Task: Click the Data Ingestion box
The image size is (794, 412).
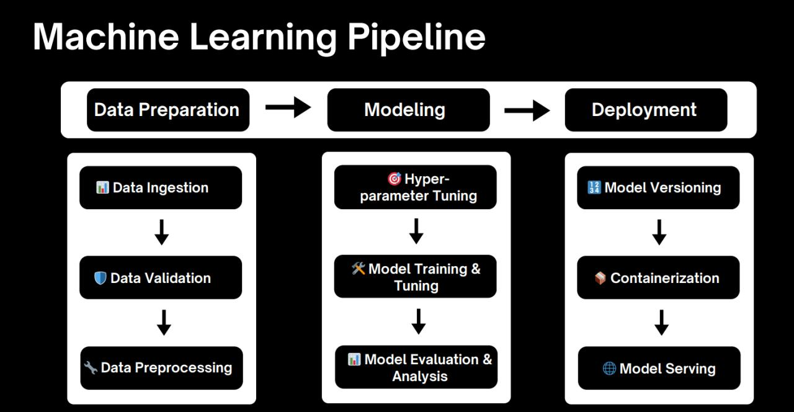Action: click(161, 187)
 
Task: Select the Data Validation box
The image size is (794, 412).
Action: click(161, 277)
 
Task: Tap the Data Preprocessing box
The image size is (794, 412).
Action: click(161, 368)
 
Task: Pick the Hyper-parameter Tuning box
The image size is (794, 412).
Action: click(416, 187)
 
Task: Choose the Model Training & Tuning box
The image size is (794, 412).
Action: click(416, 277)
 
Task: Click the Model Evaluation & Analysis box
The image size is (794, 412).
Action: click(416, 367)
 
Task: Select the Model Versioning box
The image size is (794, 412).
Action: click(658, 187)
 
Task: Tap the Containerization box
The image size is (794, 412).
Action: click(658, 277)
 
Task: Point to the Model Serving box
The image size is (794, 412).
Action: click(659, 368)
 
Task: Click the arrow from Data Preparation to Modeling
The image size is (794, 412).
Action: click(288, 107)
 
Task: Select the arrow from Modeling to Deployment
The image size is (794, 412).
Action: click(527, 111)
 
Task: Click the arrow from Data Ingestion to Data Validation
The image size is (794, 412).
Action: click(161, 232)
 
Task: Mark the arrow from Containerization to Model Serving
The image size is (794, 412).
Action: click(661, 323)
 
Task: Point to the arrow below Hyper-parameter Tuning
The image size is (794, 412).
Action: click(417, 231)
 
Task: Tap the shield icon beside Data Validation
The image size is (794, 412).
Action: click(100, 278)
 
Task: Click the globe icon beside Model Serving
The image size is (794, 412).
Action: click(609, 369)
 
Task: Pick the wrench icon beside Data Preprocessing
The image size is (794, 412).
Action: click(91, 367)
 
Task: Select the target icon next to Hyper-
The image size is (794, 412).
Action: click(394, 179)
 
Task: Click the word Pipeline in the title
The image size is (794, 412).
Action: click(416, 37)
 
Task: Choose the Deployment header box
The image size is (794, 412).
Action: click(646, 110)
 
